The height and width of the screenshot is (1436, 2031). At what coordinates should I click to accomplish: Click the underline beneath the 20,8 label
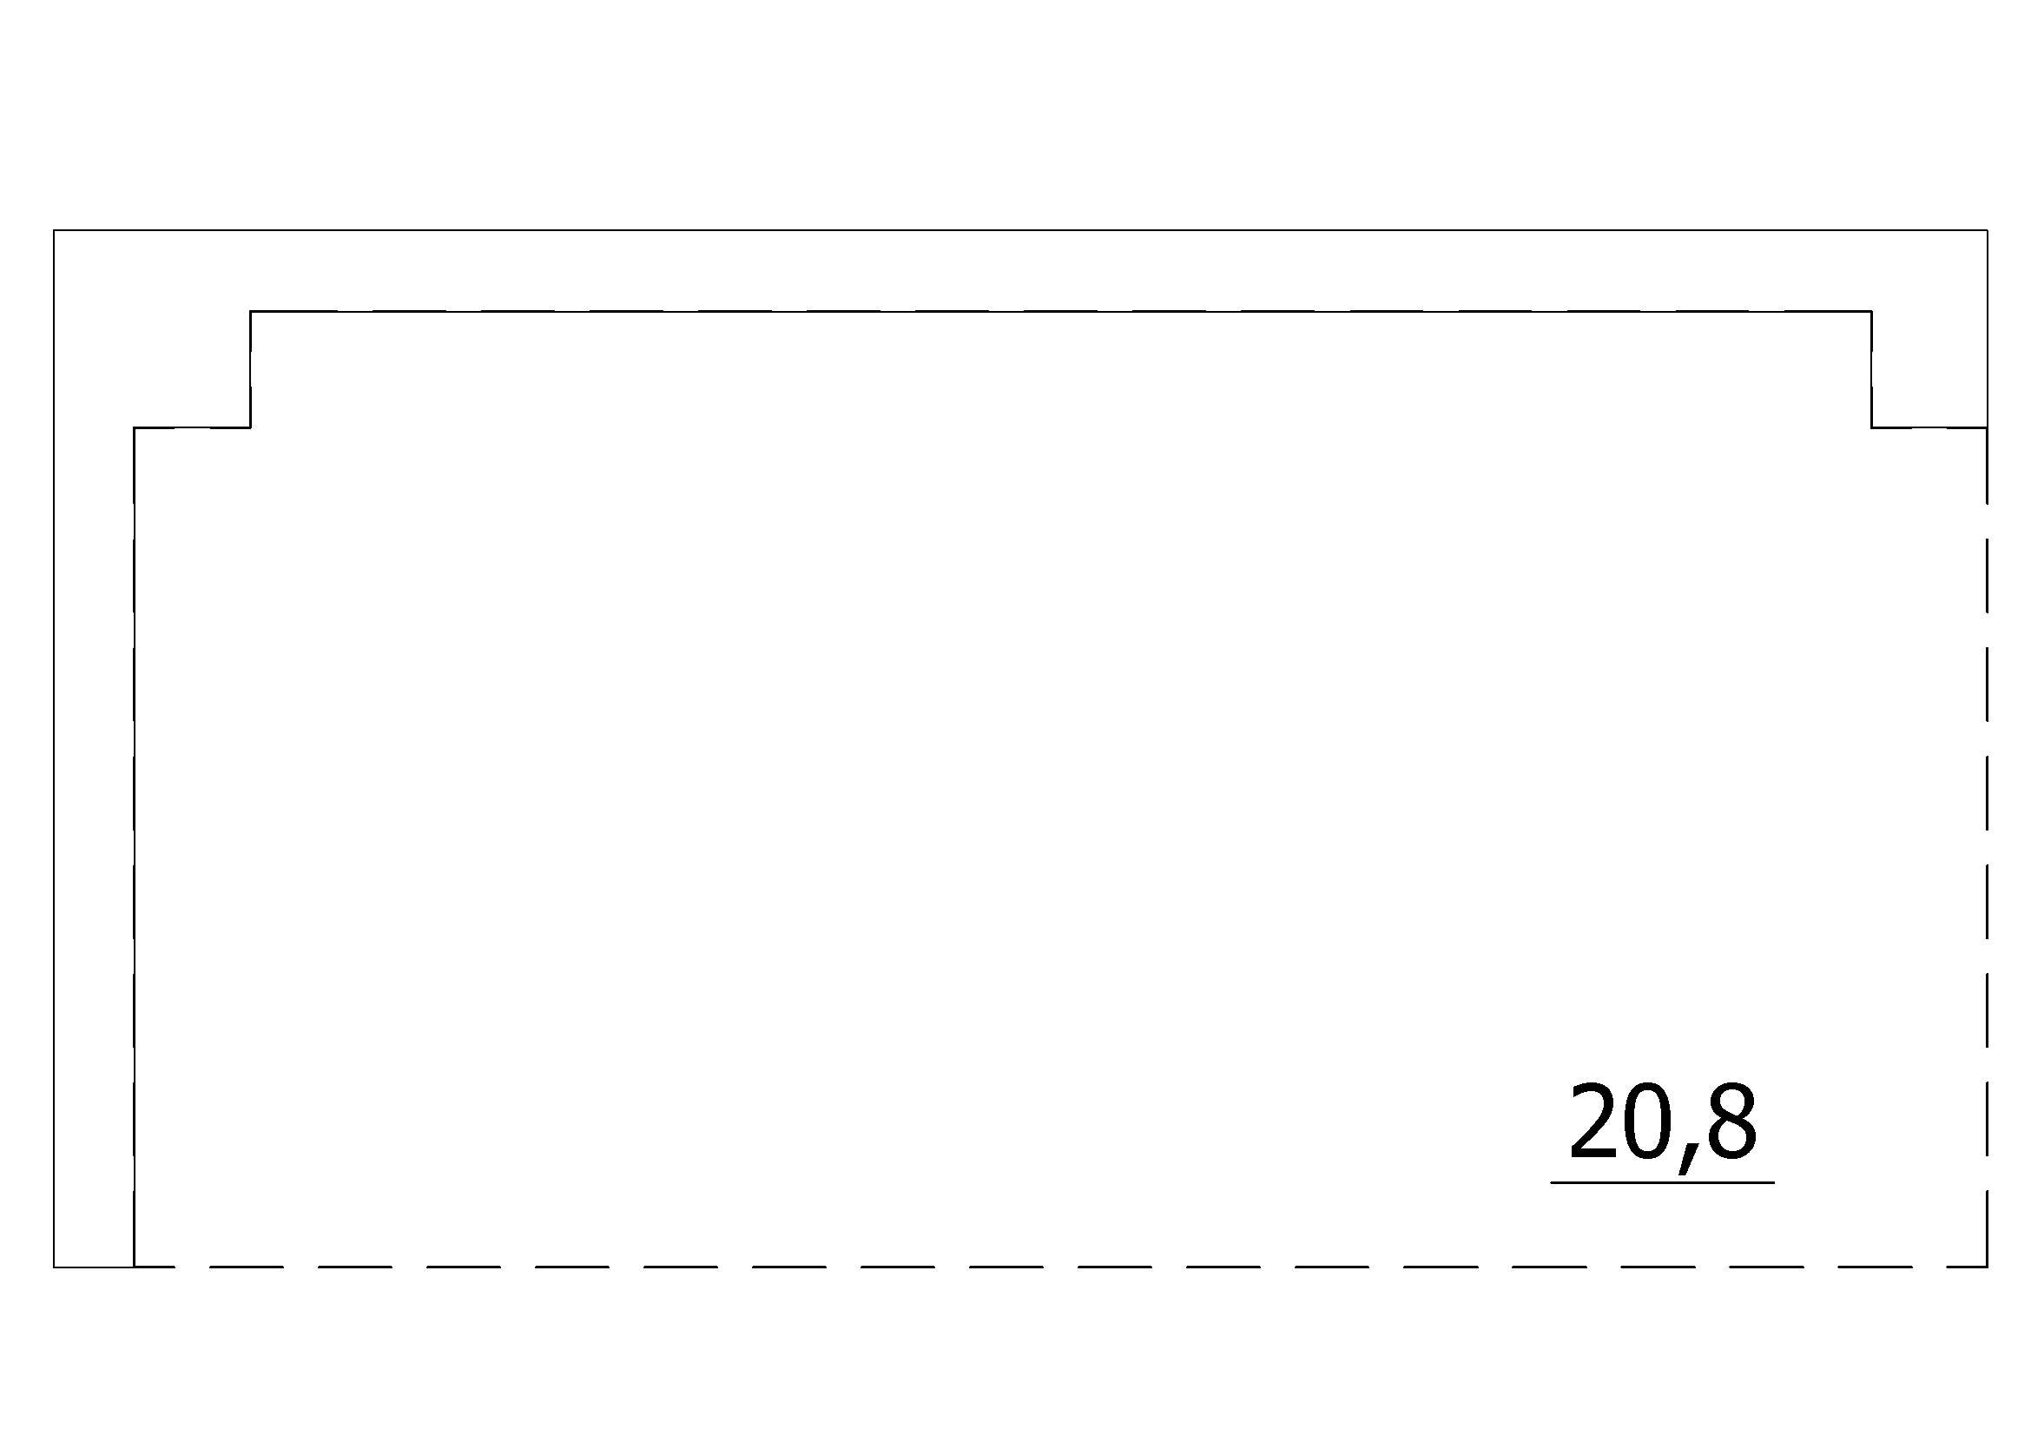[x=1663, y=1182]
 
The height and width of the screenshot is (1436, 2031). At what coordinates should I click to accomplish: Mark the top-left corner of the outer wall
[x=54, y=231]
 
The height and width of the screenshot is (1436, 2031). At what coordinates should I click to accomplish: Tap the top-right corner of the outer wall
[x=1988, y=231]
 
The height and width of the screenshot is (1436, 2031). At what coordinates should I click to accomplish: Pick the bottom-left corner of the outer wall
[x=54, y=1267]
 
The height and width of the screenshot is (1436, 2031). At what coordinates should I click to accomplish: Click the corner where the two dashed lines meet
[x=1988, y=1267]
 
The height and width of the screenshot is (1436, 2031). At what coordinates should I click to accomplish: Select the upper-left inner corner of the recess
[x=251, y=312]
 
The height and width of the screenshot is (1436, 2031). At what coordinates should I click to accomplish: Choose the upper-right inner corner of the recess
[x=1872, y=312]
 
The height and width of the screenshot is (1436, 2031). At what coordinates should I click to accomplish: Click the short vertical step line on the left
[x=251, y=370]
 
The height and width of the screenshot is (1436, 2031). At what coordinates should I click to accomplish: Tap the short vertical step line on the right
[x=1872, y=370]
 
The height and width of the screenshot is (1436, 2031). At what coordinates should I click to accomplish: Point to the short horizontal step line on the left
[x=192, y=428]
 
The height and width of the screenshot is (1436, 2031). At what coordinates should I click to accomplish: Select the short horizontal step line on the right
[x=1929, y=428]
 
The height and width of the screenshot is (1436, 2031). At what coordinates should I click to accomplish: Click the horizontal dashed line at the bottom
[x=1060, y=1267]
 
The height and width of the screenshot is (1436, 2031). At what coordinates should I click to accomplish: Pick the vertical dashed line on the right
[x=1988, y=848]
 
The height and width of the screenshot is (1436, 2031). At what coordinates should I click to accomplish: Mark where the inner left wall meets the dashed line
[x=135, y=1267]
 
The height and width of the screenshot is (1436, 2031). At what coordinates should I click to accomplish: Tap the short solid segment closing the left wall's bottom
[x=94, y=1267]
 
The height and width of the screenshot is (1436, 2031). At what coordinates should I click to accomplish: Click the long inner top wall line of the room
[x=1061, y=312]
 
